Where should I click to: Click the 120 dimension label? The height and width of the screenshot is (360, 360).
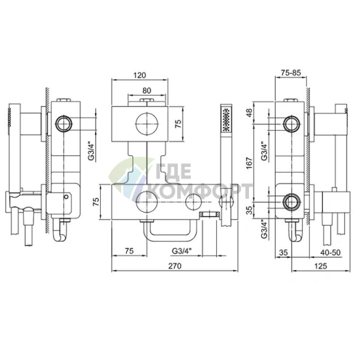pyautogui.click(x=140, y=75)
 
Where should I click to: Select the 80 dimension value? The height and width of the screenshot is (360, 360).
pyautogui.click(x=147, y=91)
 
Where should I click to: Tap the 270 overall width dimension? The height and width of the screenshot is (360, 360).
pyautogui.click(x=175, y=266)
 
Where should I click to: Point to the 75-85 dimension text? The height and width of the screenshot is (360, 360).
pyautogui.click(x=290, y=73)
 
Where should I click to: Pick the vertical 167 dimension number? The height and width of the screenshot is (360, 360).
pyautogui.click(x=249, y=163)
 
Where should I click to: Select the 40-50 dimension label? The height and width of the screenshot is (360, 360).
pyautogui.click(x=330, y=253)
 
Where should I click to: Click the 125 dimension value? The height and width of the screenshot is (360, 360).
pyautogui.click(x=320, y=266)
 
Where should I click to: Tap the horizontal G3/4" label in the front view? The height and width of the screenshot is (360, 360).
pyautogui.click(x=181, y=251)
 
